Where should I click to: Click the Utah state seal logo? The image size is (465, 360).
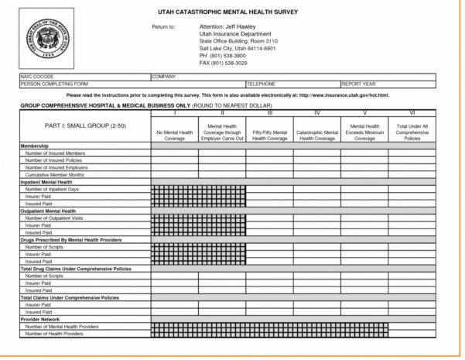pyautogui.click(x=46, y=36)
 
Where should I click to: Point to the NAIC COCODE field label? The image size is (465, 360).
pyautogui.click(x=36, y=77)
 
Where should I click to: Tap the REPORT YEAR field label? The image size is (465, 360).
pyautogui.click(x=361, y=84)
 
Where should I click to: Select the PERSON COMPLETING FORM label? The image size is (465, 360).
pyautogui.click(x=54, y=84)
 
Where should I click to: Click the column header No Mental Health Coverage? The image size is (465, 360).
pyautogui.click(x=174, y=132)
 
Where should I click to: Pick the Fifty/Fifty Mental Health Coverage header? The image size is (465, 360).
pyautogui.click(x=269, y=132)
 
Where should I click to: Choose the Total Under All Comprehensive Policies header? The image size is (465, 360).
pyautogui.click(x=412, y=132)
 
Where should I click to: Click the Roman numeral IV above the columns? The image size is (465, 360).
pyautogui.click(x=317, y=112)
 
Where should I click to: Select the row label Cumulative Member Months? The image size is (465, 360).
pyautogui.click(x=56, y=174)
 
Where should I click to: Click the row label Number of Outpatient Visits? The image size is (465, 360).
pyautogui.click(x=55, y=218)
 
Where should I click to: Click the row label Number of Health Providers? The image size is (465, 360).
pyautogui.click(x=54, y=334)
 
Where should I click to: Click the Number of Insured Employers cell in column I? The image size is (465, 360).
pyautogui.click(x=174, y=167)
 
